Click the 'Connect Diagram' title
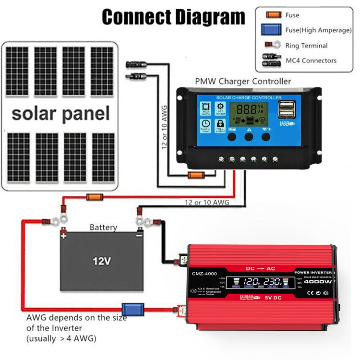click(173, 17)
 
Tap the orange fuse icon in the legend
click(274, 15)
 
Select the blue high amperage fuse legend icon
click(273, 30)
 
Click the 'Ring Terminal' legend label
click(306, 46)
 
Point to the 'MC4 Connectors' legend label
click(311, 60)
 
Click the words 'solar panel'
click(60, 114)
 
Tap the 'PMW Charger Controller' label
click(242, 81)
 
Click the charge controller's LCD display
click(249, 114)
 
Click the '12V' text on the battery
click(102, 261)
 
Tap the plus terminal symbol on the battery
click(63, 236)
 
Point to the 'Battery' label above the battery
click(103, 227)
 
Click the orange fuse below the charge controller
click(196, 175)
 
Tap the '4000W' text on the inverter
click(318, 282)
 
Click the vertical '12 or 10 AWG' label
click(164, 127)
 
